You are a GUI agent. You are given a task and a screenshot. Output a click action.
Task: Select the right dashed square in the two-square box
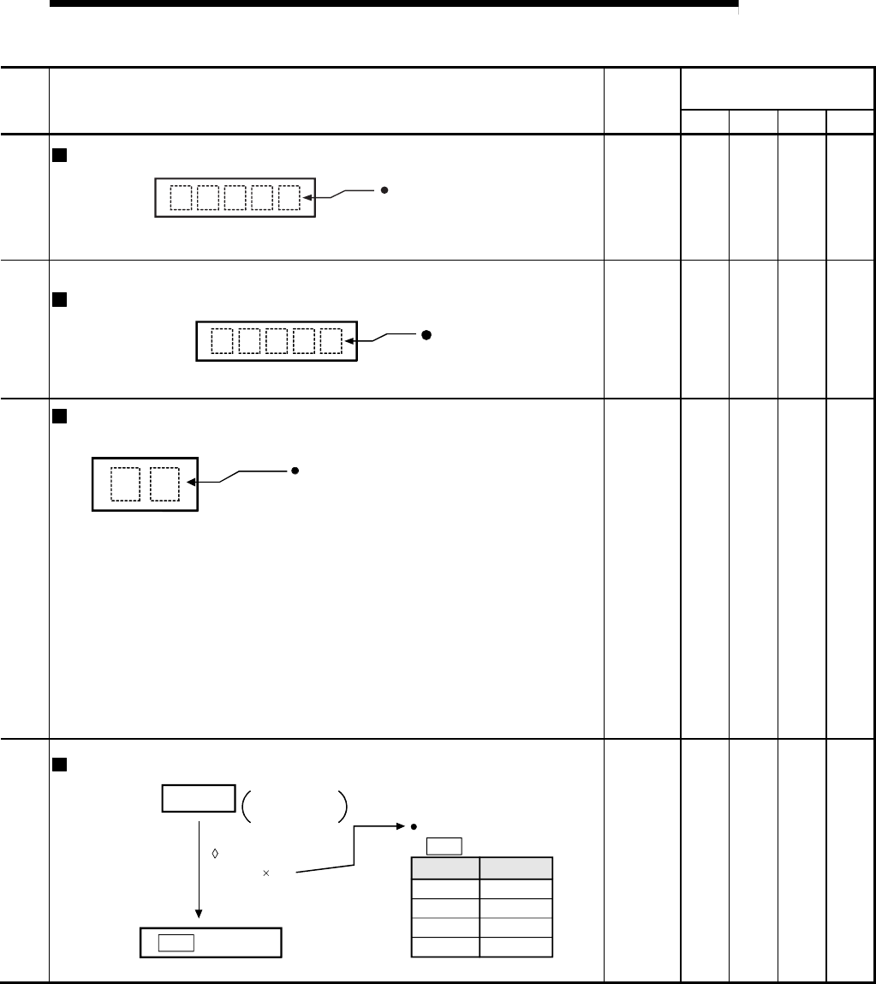click(164, 483)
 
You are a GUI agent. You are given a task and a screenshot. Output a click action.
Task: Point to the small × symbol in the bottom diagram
click(266, 873)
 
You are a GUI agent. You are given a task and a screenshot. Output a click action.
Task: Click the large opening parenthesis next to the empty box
click(245, 807)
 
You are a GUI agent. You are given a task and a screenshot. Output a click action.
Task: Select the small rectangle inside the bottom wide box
click(176, 943)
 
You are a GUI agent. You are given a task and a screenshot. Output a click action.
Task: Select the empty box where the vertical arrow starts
click(199, 798)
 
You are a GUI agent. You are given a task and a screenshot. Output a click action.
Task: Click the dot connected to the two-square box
click(294, 471)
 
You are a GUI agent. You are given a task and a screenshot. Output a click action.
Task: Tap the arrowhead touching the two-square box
click(191, 483)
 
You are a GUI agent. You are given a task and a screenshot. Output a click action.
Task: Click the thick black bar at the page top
click(393, 4)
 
